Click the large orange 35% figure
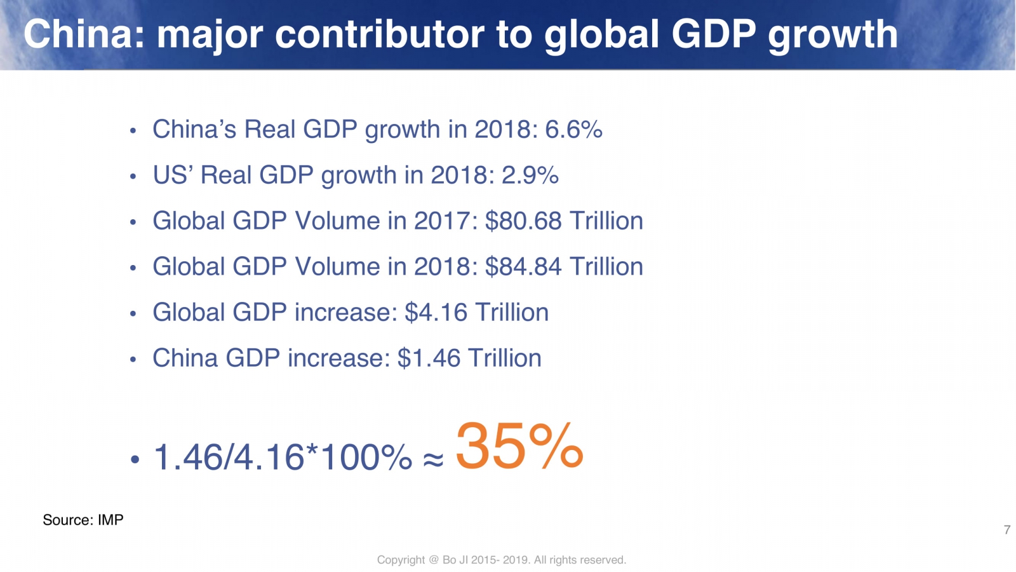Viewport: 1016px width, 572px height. (519, 446)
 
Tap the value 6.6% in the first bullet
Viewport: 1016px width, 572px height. (573, 130)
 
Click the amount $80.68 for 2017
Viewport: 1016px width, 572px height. (523, 221)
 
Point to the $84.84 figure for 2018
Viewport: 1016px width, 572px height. (523, 267)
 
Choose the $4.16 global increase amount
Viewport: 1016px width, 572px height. (436, 313)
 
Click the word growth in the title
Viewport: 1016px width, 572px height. (832, 35)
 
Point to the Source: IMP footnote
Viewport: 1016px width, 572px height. (83, 520)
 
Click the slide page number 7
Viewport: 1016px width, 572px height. (1006, 529)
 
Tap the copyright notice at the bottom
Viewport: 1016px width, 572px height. (501, 560)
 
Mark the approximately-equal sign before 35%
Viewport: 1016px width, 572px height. (433, 459)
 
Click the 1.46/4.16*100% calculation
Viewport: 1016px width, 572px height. (283, 458)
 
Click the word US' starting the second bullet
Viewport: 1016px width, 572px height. (173, 175)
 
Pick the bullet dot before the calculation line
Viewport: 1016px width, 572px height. (134, 460)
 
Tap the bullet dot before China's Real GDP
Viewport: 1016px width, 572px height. (133, 132)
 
